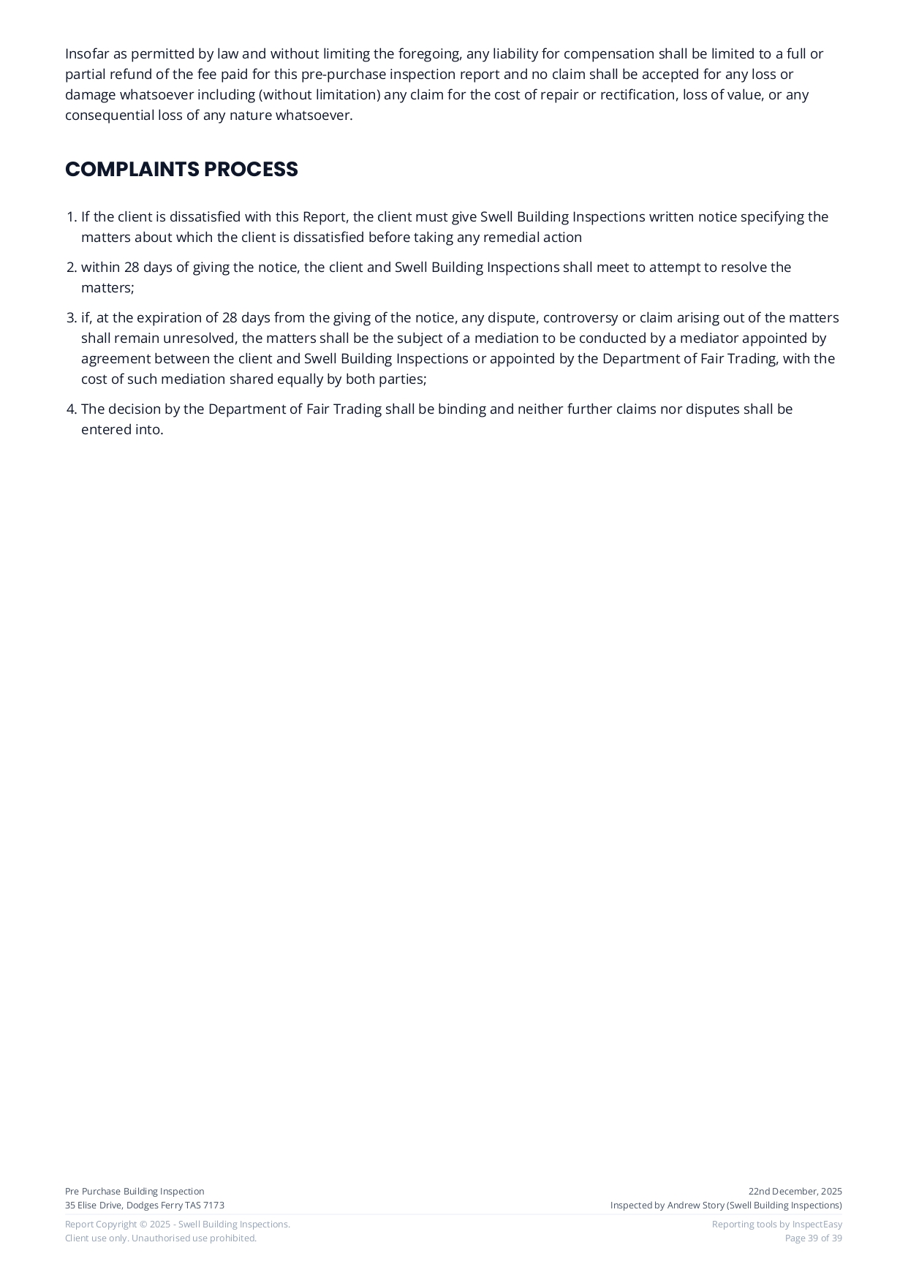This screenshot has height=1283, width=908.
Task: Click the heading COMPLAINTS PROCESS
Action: pyautogui.click(x=181, y=170)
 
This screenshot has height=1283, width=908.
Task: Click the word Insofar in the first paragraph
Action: pyautogui.click(x=86, y=54)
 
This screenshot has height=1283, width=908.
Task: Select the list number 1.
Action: pyautogui.click(x=71, y=217)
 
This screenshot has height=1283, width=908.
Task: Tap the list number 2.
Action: pyautogui.click(x=71, y=268)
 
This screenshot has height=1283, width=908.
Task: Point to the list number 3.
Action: pyautogui.click(x=71, y=318)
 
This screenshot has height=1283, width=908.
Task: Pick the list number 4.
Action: pyautogui.click(x=71, y=409)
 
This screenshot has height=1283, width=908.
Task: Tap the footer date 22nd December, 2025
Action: pyautogui.click(x=795, y=1192)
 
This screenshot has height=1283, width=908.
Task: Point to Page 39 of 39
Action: pyautogui.click(x=813, y=1238)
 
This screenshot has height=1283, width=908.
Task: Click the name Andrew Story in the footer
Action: pyautogui.click(x=695, y=1206)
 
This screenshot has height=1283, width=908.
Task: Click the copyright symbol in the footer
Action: pyautogui.click(x=143, y=1225)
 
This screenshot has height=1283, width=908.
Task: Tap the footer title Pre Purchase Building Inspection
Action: pyautogui.click(x=135, y=1192)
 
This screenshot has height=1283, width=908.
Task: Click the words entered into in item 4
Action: pyautogui.click(x=122, y=430)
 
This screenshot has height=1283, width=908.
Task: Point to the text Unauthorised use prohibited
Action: pyautogui.click(x=194, y=1238)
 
